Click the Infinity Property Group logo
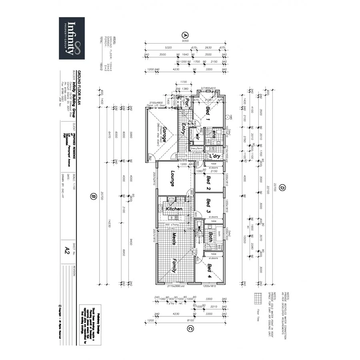[x=72, y=38]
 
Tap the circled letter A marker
[x=185, y=34]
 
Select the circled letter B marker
[x=94, y=196]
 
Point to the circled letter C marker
[x=190, y=329]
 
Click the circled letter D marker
[x=282, y=188]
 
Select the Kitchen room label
[x=174, y=209]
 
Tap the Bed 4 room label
[x=209, y=272]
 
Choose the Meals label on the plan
[x=174, y=238]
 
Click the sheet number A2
[x=67, y=250]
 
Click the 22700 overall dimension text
[x=275, y=188]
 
